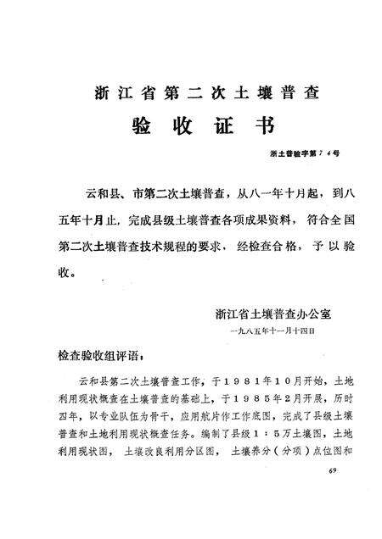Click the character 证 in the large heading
[219, 126]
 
